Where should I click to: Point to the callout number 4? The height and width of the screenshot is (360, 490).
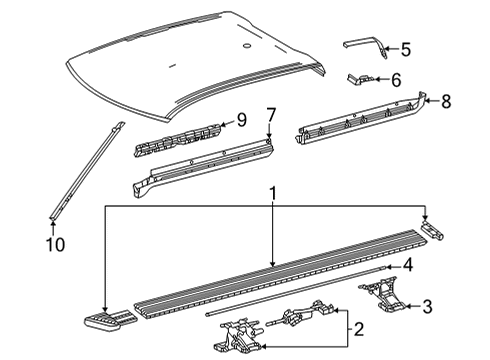(x=408, y=265)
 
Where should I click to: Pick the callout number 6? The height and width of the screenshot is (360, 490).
(x=396, y=79)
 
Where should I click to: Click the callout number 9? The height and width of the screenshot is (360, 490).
(x=239, y=122)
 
